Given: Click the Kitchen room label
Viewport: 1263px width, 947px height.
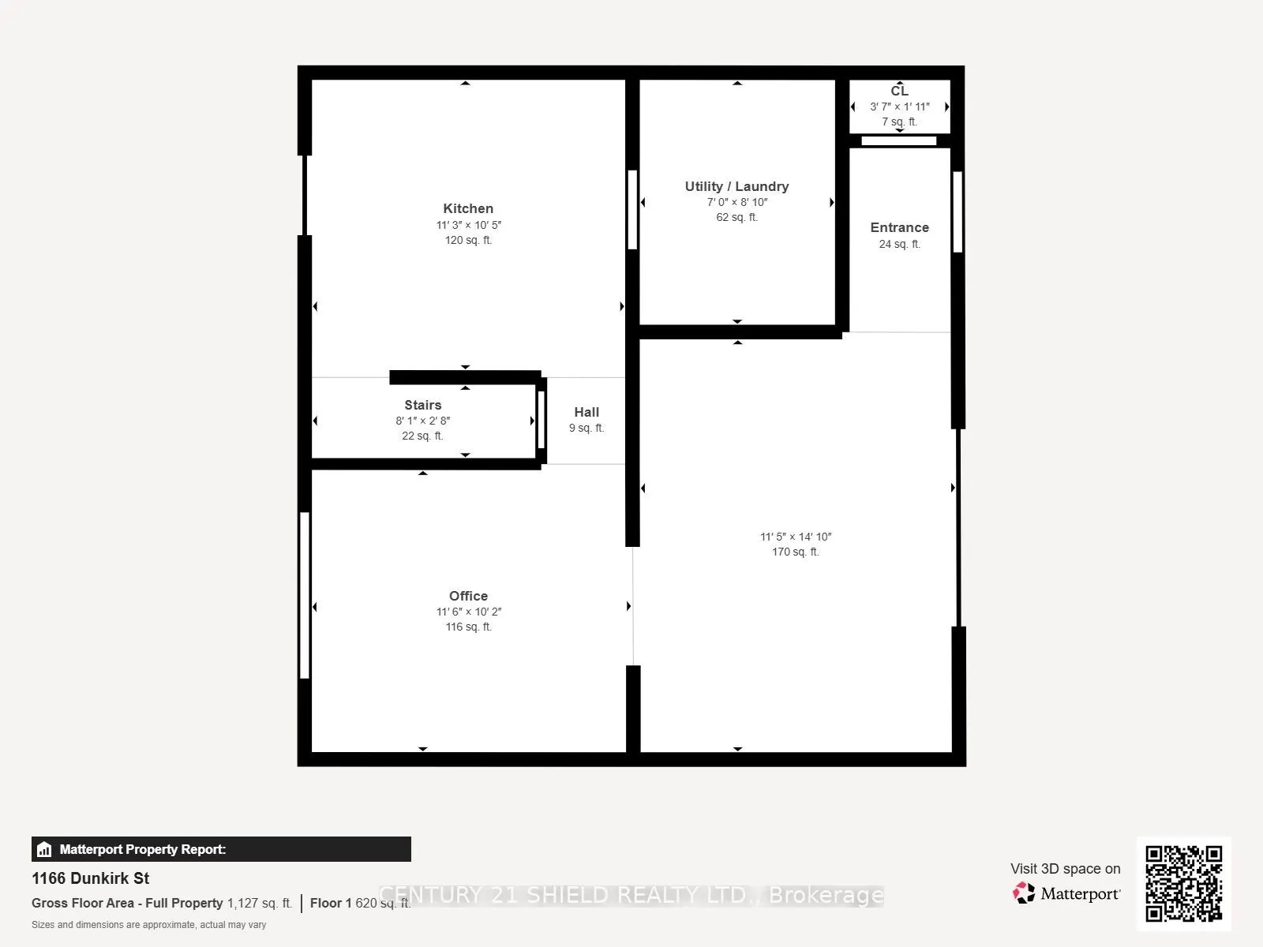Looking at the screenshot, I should point(468,208).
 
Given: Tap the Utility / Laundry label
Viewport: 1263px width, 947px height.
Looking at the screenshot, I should point(736,186).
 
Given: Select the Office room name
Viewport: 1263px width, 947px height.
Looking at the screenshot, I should point(468,596).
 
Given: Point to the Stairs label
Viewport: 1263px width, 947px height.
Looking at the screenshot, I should point(422,405).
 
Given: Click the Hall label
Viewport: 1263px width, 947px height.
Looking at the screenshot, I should point(587,412).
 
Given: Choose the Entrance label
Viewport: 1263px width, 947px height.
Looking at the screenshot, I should point(899,227).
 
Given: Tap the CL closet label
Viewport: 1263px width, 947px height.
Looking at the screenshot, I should point(899,91).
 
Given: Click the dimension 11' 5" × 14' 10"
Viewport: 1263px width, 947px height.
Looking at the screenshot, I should point(796,537).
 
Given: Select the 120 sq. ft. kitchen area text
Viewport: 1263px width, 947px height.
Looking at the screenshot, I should point(468,240).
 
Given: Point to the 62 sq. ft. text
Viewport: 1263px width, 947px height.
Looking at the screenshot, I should point(736,217).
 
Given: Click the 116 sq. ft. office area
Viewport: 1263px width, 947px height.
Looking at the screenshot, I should point(468,627).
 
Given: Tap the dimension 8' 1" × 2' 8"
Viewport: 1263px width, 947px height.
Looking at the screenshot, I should point(422,421).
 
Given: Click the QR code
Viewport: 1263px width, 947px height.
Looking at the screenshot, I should point(1183,883).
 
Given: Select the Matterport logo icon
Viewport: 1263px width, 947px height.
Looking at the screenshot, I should point(1024,893).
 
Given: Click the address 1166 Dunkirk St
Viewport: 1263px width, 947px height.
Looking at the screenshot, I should point(91,878).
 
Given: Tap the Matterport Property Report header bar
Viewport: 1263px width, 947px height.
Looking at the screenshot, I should point(221,849).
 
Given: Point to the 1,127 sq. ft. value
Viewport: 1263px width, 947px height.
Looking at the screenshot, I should point(260,903).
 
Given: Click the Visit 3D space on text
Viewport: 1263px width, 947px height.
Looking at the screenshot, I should point(1065,869).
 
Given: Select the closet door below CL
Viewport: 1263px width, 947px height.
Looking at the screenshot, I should point(898,141).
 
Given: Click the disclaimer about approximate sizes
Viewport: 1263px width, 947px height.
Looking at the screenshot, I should point(148,924).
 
